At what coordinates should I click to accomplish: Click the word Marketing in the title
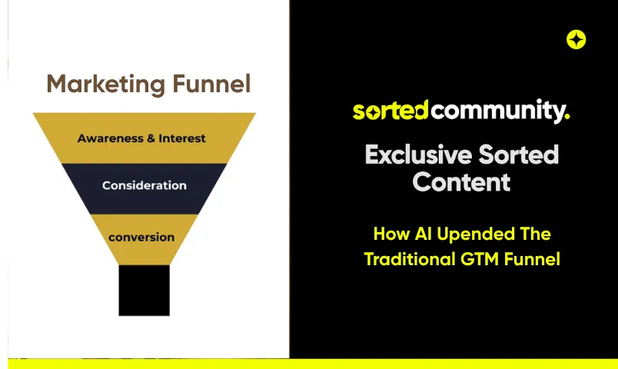(105, 84)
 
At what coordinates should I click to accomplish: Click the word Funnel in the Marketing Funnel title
(211, 83)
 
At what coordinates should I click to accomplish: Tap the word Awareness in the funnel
(111, 138)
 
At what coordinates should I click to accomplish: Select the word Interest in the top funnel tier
(182, 138)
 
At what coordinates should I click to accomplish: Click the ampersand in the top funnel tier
(151, 138)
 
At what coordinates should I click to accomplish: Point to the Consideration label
(145, 185)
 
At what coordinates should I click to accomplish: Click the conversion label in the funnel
(141, 238)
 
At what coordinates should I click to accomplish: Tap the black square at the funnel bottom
(145, 290)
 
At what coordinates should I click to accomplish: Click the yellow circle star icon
(576, 39)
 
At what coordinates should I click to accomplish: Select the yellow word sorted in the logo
(390, 110)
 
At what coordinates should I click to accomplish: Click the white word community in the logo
(499, 111)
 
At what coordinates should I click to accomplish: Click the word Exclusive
(419, 155)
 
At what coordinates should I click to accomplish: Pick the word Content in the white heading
(461, 181)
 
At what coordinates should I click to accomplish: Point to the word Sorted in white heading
(519, 155)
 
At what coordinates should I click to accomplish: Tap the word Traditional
(410, 259)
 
